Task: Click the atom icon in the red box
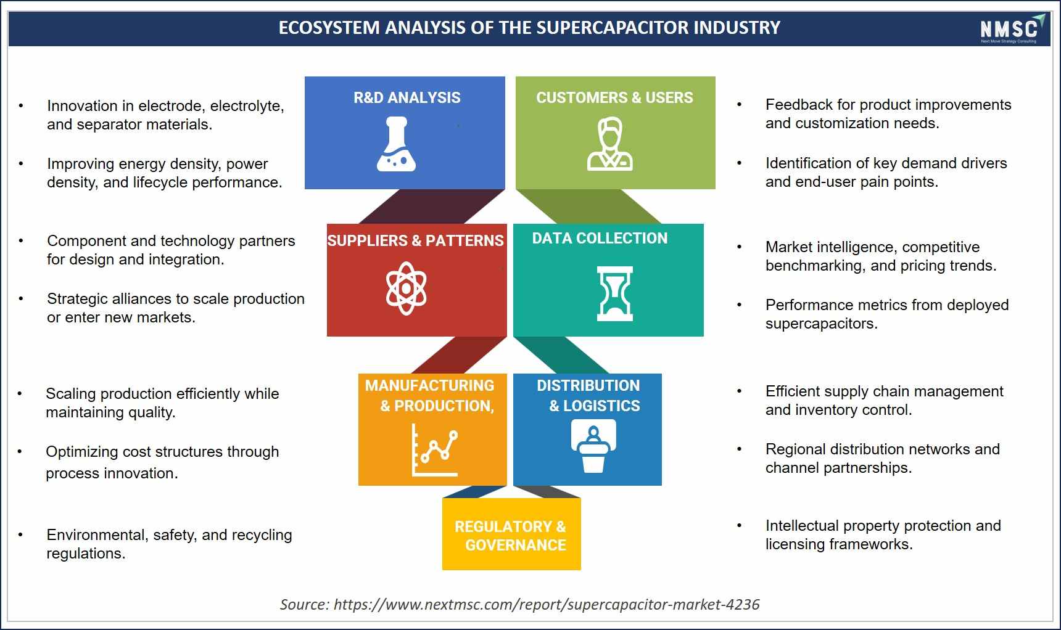[406, 288]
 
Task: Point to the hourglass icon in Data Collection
[614, 293]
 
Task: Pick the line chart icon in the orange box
[435, 450]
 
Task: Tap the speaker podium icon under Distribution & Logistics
[593, 446]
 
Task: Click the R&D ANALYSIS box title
[407, 97]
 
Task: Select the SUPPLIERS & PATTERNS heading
[416, 240]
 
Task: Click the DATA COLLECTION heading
[600, 238]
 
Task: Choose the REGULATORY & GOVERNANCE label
[511, 536]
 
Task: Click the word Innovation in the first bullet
[82, 105]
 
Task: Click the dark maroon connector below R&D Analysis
[432, 207]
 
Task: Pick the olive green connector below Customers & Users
[589, 207]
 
